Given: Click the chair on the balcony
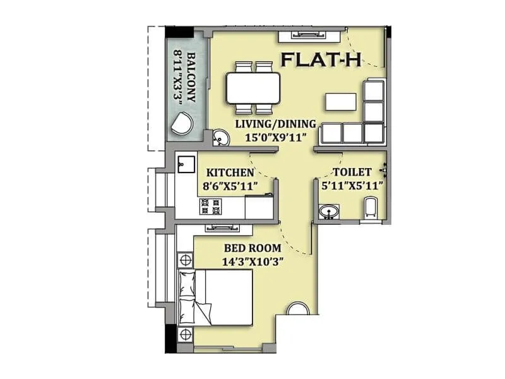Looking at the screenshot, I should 183,122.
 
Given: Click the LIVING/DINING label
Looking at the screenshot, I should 276,124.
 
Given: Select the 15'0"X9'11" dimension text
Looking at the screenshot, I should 276,136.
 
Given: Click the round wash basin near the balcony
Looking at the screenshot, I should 220,136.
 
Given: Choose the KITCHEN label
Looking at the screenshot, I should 230,172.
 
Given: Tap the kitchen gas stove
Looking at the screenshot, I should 210,205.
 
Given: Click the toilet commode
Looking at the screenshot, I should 371,208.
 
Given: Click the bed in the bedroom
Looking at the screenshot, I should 217,296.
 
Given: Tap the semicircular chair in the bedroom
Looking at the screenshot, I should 297,309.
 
